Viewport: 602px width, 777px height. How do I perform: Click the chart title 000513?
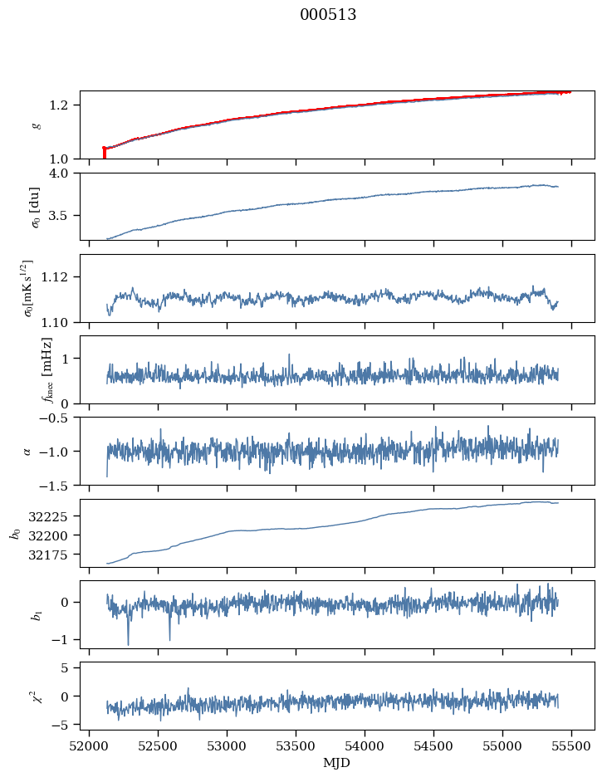(328, 15)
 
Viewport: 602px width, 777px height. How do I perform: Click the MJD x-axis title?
(336, 763)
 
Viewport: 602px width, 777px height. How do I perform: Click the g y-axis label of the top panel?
(35, 125)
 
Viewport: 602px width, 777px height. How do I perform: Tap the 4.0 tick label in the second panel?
(65, 173)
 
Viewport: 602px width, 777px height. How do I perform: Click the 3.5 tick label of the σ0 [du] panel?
(65, 216)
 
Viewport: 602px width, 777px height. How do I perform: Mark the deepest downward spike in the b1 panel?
(128, 643)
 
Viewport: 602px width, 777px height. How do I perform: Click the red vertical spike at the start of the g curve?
(104, 154)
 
